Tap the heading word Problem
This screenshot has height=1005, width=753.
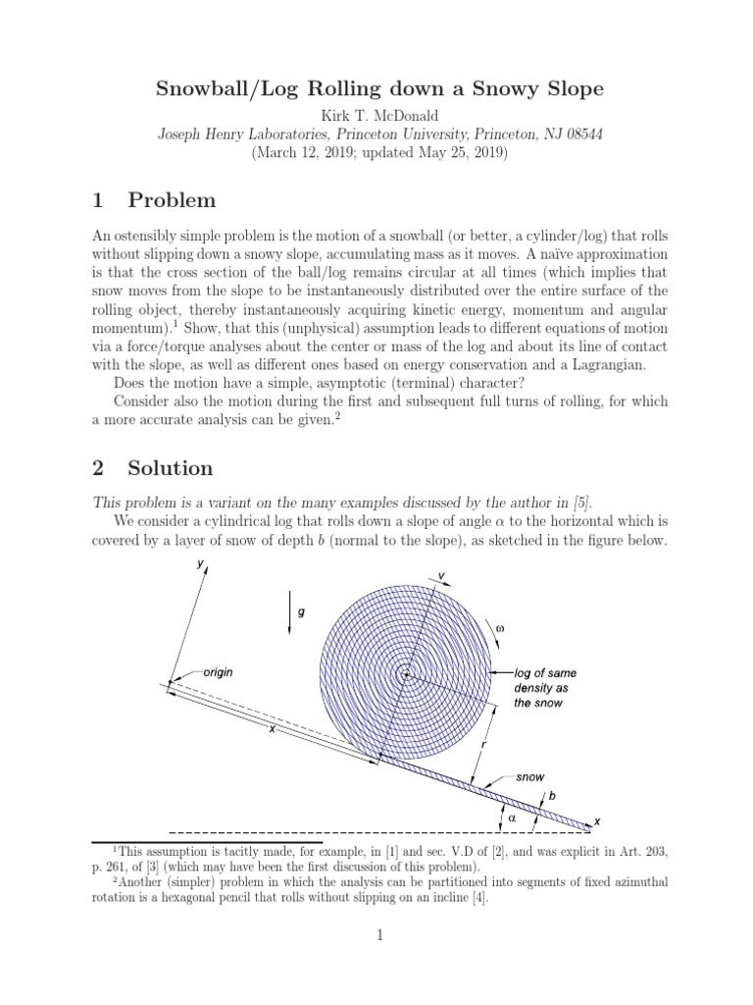(x=172, y=200)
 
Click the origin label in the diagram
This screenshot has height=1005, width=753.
(x=218, y=672)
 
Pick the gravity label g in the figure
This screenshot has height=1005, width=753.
(x=302, y=611)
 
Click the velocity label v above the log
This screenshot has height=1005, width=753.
(x=441, y=575)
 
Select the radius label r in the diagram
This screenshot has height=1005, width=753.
(x=482, y=748)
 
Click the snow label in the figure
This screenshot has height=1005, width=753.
(x=529, y=776)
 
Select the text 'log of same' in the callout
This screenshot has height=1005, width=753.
(x=545, y=673)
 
